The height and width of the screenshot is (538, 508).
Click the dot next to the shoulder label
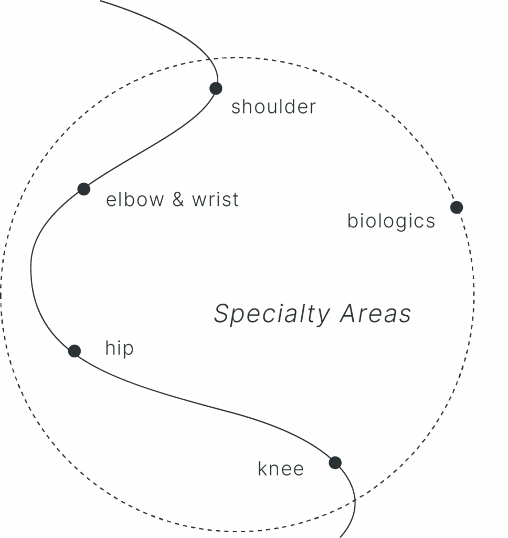[x=216, y=88]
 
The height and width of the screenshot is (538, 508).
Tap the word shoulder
[x=273, y=107]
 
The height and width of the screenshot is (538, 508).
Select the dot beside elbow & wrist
[x=84, y=189]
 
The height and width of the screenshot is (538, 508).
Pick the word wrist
[x=215, y=200]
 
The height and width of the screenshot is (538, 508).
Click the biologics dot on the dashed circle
[x=457, y=208]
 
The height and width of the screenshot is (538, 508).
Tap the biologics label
[x=391, y=221]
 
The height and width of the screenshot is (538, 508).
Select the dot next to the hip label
[x=75, y=351]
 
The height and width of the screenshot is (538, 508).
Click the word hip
[x=119, y=348]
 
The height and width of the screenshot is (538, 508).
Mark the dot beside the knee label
[x=335, y=463]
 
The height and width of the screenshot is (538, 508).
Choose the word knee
[x=281, y=469]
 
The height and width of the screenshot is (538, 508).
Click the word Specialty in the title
[x=271, y=314]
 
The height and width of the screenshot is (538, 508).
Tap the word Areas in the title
[x=375, y=314]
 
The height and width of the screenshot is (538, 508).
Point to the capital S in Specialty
[x=222, y=314]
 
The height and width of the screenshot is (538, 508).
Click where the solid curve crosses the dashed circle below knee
[x=355, y=501]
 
